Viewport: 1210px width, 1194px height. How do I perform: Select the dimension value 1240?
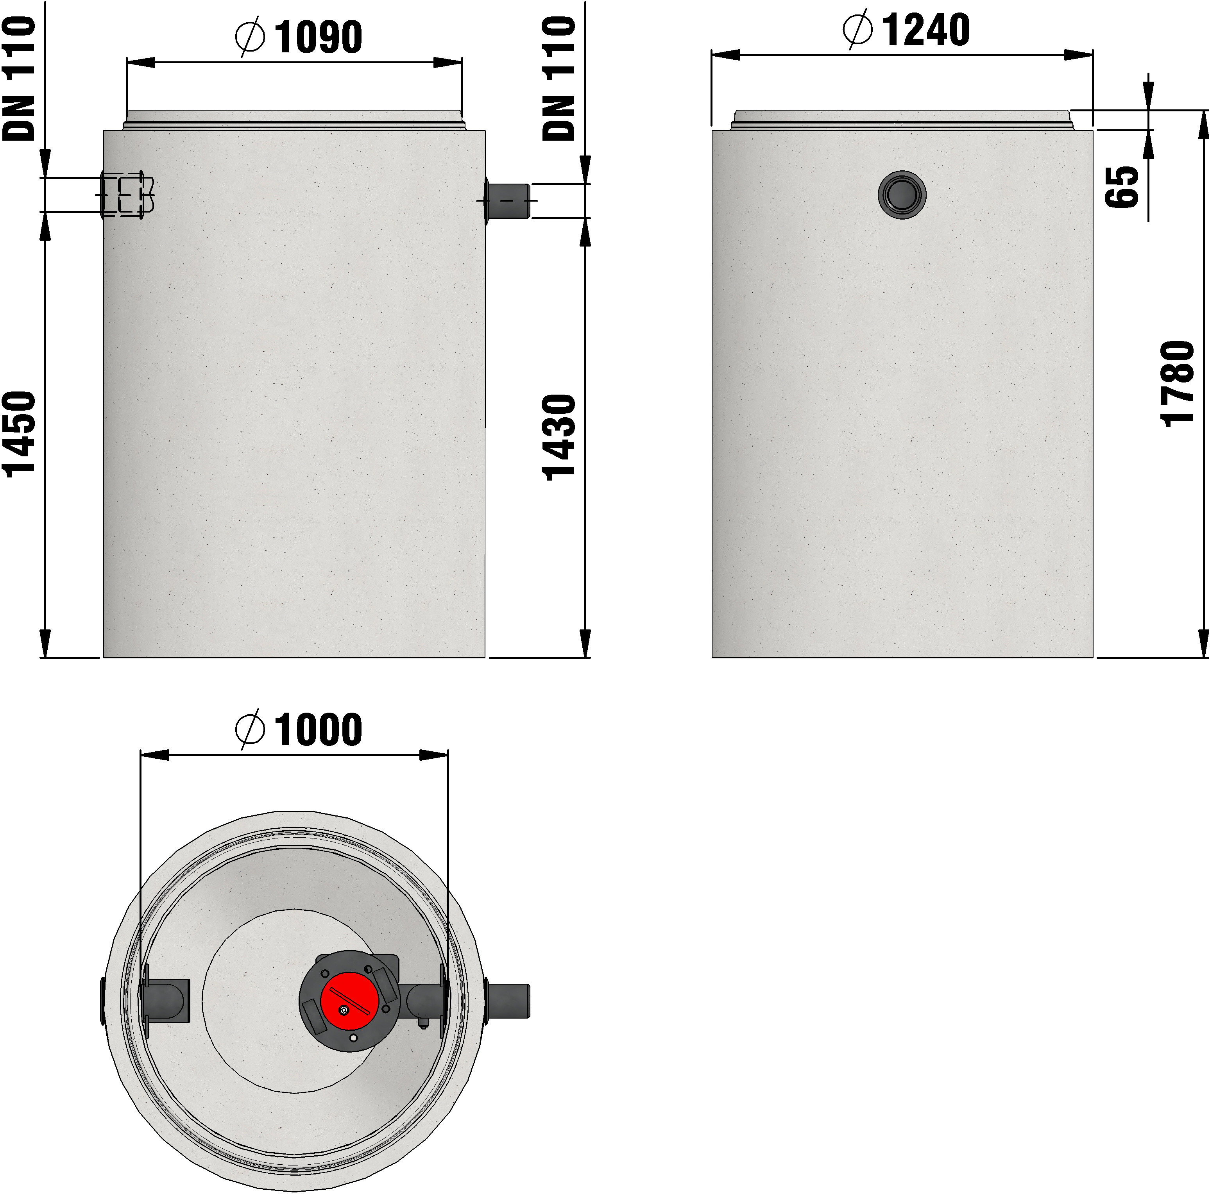click(926, 29)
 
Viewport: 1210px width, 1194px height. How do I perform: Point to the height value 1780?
click(1178, 384)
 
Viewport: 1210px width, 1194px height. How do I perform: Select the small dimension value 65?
click(1121, 187)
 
